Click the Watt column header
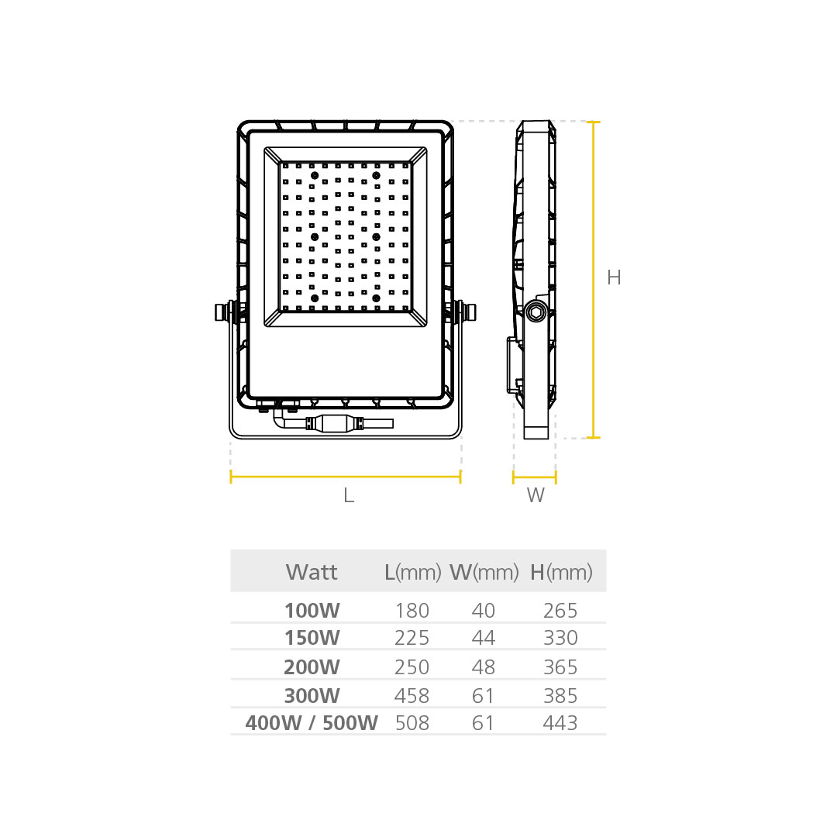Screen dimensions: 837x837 312,572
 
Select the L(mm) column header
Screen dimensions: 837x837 412,572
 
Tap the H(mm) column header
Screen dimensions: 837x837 561,572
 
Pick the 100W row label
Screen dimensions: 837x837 312,611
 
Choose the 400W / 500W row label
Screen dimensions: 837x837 312,723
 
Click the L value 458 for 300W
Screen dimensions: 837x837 412,695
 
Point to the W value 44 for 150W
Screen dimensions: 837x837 483,637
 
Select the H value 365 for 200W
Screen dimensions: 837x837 560,666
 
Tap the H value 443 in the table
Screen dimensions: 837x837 560,723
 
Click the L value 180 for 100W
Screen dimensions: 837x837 412,611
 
